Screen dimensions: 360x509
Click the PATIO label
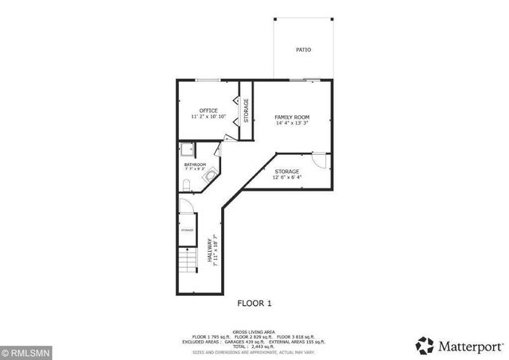tap(304, 49)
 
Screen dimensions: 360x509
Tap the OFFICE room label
tap(208, 110)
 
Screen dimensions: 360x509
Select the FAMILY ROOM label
tap(292, 117)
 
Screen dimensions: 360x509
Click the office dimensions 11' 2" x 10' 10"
tap(208, 117)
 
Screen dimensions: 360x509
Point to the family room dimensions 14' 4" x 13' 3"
tap(292, 123)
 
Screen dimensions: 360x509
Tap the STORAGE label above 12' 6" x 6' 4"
tap(287, 172)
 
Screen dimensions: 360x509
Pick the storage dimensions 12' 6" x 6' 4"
tap(287, 178)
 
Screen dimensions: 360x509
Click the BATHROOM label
tap(195, 165)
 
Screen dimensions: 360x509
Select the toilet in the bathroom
tap(185, 186)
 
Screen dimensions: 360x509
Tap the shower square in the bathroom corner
tap(187, 149)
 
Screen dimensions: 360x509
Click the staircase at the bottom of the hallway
tap(186, 261)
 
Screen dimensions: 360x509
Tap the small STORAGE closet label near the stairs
tap(187, 230)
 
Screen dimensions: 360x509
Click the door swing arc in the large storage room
tap(318, 161)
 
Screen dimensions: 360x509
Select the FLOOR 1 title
tap(254, 303)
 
